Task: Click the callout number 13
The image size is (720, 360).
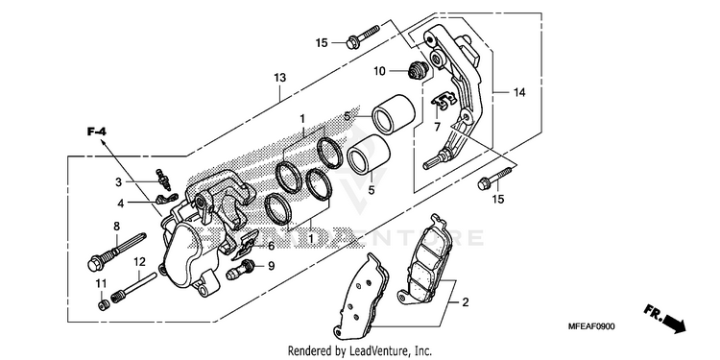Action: [x=280, y=78]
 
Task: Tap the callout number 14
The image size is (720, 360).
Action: [x=518, y=93]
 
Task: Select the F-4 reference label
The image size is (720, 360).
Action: [x=97, y=132]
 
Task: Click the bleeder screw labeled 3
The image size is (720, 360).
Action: [x=164, y=180]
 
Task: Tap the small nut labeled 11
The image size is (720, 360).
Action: [x=104, y=305]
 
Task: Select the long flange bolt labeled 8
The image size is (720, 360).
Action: [x=116, y=252]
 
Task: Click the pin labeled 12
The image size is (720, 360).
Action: [x=137, y=288]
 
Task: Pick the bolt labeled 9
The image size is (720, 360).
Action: [x=240, y=270]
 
